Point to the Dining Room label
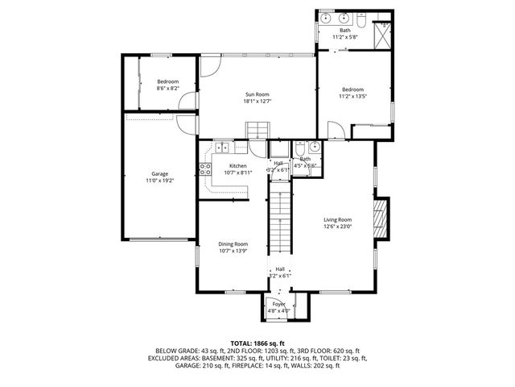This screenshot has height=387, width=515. pos(233,243)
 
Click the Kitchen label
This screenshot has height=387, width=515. pos(225,166)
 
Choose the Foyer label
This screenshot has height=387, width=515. pos(279,304)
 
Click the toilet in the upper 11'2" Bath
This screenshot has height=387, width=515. pos(362,32)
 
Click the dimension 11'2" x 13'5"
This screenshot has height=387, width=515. pos(352,96)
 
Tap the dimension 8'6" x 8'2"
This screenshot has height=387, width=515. pos(167,88)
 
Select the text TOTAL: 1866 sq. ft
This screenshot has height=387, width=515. pos(257,343)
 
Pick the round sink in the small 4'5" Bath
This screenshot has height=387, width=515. pos(314,147)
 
